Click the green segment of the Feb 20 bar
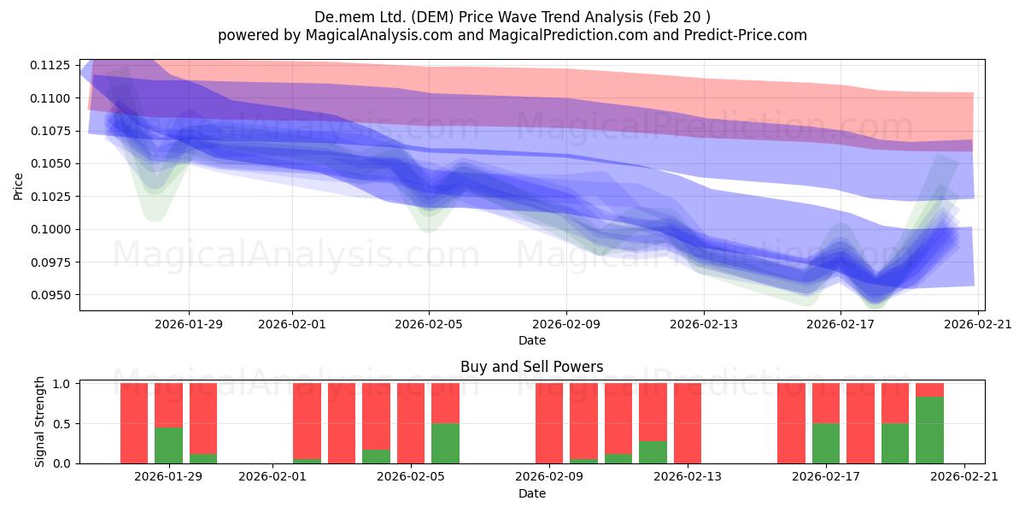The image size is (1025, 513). point(929,430)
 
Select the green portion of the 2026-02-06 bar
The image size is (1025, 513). point(445,444)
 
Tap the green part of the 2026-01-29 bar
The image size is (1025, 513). point(168,445)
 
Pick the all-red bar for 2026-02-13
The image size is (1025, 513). point(688,423)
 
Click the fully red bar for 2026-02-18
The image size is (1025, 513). point(860,423)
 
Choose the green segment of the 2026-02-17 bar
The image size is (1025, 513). point(826,444)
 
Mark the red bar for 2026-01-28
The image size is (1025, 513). point(134,423)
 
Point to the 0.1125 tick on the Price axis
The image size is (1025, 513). point(50,66)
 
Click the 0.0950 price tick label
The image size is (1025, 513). point(50,295)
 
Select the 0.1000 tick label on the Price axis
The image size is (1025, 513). point(50,229)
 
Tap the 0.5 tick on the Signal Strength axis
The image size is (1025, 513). point(61,424)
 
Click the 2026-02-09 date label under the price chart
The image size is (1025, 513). point(566,324)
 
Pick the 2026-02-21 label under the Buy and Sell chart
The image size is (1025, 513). point(964,476)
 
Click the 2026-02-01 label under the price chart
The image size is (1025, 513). point(292,324)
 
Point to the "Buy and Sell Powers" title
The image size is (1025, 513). point(531,367)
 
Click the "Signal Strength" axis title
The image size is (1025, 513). point(40,422)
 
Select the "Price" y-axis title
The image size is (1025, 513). point(18,186)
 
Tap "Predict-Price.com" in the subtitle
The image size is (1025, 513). point(746,35)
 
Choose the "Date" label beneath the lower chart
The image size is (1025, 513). point(531,493)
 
